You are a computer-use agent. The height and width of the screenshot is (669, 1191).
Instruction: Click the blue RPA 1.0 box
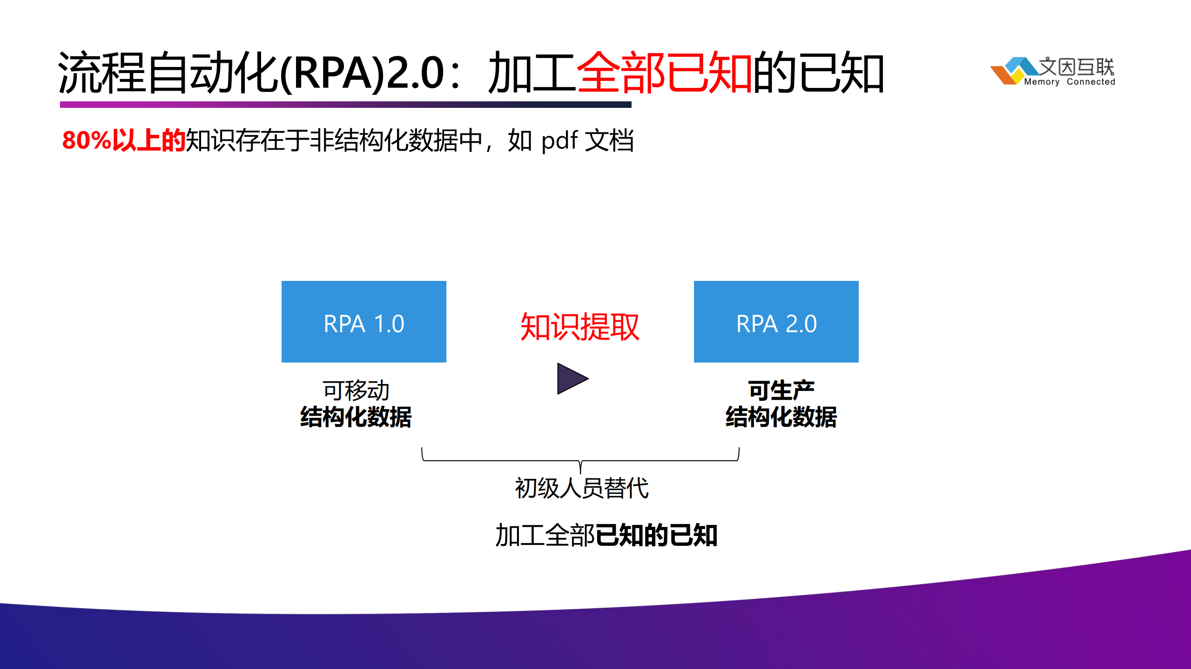coord(363,322)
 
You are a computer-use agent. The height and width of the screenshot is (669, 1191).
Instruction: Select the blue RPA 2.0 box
coord(776,322)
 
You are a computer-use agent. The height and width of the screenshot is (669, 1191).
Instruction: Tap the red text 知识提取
coord(579,327)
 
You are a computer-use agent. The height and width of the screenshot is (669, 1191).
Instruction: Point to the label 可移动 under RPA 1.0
coord(356,390)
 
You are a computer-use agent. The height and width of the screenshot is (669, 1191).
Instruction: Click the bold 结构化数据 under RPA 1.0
coord(356,417)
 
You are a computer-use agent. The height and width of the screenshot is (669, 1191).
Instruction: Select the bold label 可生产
coord(781,390)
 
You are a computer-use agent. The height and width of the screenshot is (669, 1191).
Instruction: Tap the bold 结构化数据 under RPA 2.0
coord(781,417)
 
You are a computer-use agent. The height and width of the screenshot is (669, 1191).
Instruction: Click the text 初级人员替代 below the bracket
coord(581,488)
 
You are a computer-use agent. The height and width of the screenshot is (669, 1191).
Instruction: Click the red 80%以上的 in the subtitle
coord(124,140)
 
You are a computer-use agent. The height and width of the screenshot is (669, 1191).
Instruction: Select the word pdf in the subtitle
coord(559,140)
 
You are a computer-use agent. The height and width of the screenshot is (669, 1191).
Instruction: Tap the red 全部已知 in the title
coord(665,73)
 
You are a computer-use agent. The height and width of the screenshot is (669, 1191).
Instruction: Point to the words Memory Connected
coord(1069,82)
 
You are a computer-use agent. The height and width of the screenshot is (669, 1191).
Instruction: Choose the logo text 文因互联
coord(1076,66)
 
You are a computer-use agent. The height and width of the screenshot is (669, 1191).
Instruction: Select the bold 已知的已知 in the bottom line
coord(656,535)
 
